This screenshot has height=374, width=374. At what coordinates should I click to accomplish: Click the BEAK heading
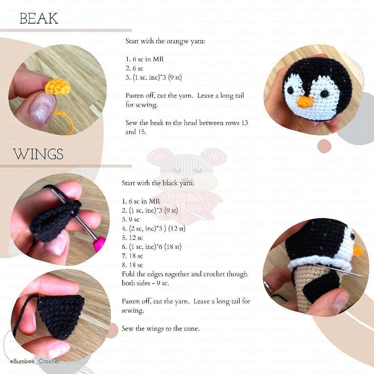pos(39,19)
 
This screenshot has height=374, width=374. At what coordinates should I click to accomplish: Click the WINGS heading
pos(38,154)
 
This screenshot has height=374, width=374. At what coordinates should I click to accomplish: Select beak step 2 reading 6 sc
pos(134,69)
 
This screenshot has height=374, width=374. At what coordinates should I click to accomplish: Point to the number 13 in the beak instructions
pos(245,123)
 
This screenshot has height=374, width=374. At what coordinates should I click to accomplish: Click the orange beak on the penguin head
pos(305,102)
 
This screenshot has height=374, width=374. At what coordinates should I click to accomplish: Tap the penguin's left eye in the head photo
pos(290,90)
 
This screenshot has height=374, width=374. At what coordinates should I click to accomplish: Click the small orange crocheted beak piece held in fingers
pos(57,87)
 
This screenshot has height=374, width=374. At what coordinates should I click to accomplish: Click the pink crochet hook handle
pos(99,244)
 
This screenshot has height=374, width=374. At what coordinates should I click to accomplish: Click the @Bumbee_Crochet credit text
pos(35,361)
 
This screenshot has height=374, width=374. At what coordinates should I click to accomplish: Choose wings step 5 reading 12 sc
pos(132,238)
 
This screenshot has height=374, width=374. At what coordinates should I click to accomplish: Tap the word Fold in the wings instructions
pos(128,274)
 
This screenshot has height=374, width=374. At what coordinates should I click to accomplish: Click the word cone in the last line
pos(191,329)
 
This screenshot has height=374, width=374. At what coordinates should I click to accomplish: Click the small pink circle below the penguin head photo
pos(324,145)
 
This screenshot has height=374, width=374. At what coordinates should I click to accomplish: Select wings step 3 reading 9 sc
pos(131,220)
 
